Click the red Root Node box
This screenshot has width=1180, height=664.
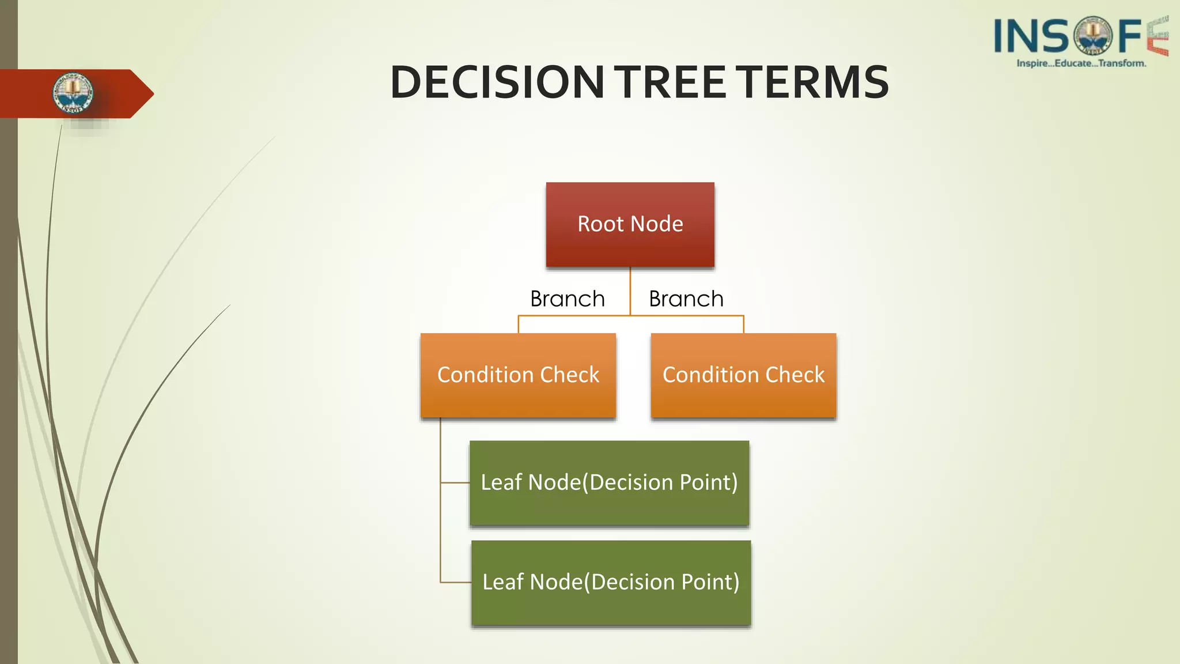[630, 224]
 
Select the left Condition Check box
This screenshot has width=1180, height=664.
[518, 375]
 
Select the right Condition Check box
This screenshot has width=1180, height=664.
[743, 375]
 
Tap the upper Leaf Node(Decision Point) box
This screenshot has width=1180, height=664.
[609, 483]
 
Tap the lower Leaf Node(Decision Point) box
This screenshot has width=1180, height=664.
[611, 583]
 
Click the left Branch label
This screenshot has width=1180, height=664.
[568, 299]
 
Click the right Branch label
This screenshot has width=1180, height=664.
[686, 299]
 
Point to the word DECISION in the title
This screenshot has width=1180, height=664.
[497, 82]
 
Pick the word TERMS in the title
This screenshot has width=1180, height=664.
[815, 82]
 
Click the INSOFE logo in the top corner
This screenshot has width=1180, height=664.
[1080, 36]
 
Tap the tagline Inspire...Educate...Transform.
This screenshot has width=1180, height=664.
[1081, 63]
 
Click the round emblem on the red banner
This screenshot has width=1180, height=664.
[73, 93]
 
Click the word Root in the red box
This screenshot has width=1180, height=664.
[600, 224]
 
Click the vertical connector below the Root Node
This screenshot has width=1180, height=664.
[630, 291]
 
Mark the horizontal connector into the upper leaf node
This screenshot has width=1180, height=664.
[455, 482]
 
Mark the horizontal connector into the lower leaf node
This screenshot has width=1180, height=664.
[456, 582]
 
